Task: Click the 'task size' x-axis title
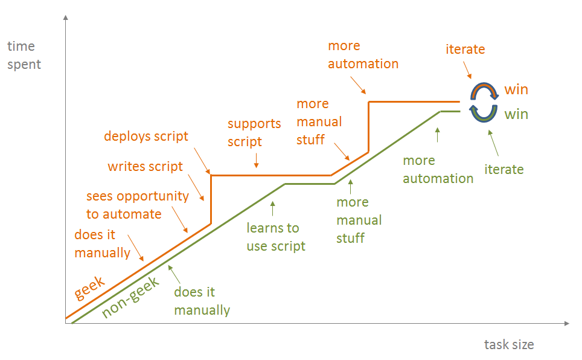509,344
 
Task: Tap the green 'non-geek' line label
130,297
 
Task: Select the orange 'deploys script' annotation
146,137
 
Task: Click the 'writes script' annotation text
145,166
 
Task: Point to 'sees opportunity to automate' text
137,205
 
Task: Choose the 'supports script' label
254,132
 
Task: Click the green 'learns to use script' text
275,237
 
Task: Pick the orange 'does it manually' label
102,243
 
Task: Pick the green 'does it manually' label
202,301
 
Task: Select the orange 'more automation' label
363,55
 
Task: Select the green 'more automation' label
438,169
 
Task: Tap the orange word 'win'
516,90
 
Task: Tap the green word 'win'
516,114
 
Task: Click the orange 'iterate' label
465,50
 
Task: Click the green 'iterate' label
504,169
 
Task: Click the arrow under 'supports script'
257,161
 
